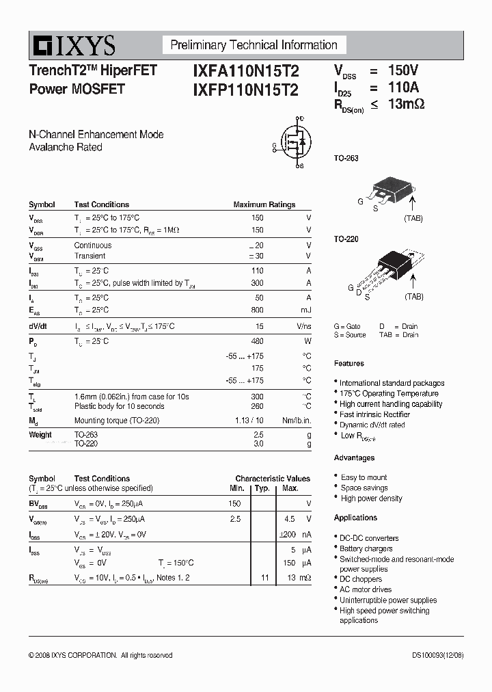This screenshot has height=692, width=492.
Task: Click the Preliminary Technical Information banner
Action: click(x=254, y=45)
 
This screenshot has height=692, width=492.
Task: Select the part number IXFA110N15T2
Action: click(x=241, y=71)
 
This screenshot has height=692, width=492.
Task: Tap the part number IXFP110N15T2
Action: click(x=241, y=90)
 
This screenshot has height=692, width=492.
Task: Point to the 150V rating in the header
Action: click(x=402, y=70)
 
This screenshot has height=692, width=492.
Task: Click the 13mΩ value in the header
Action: click(x=407, y=104)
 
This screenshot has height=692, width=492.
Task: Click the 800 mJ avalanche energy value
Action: click(x=257, y=310)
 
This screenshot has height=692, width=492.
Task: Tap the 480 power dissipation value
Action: click(x=257, y=341)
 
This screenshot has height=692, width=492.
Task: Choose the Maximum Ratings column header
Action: click(x=264, y=204)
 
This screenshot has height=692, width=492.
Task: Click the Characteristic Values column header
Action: click(x=272, y=479)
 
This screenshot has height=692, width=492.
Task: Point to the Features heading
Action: click(x=349, y=363)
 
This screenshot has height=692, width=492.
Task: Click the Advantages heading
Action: click(x=354, y=457)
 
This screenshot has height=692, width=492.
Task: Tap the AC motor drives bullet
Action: click(x=366, y=589)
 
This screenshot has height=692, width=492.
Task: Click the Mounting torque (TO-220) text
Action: click(x=116, y=421)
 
